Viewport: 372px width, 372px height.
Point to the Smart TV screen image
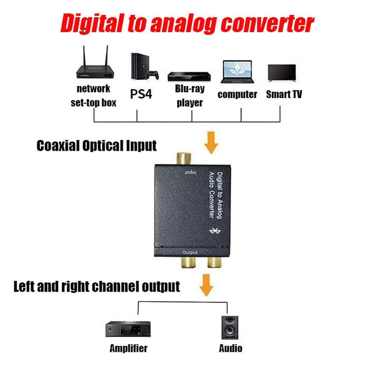282,73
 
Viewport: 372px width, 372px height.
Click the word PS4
141,94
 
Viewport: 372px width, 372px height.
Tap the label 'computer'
237,94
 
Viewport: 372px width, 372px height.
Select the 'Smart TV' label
284,94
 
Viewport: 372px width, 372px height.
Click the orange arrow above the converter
212,143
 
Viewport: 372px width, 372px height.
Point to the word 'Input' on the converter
190,173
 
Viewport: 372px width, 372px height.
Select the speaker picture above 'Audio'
230,328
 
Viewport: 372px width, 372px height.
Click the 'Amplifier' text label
128,348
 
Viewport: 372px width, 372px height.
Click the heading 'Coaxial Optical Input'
97,146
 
